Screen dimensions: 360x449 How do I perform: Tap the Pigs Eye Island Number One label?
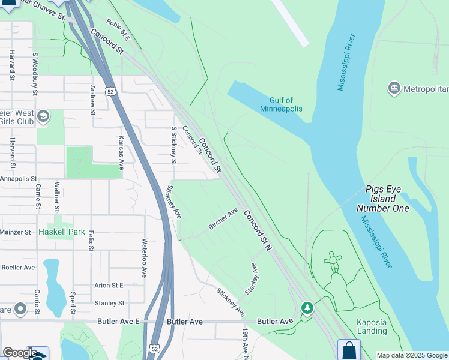pos(383,199)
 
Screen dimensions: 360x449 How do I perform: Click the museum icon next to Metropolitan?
pos(394,89)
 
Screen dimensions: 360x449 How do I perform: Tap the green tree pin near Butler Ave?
pos(307,308)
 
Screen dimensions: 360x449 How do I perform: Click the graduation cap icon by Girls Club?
pos(43,116)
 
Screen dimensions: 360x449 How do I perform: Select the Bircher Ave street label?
pos(223,218)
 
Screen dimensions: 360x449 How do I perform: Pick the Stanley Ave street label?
pos(252,281)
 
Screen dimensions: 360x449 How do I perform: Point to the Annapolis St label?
pos(19,179)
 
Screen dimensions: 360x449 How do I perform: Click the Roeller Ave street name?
pos(19,267)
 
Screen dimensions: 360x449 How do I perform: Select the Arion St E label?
pos(109,286)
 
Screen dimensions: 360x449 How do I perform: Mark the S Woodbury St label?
pos(35,74)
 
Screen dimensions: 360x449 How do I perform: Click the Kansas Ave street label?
pos(121,152)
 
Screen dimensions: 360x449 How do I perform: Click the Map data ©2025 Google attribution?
pos(412,355)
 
